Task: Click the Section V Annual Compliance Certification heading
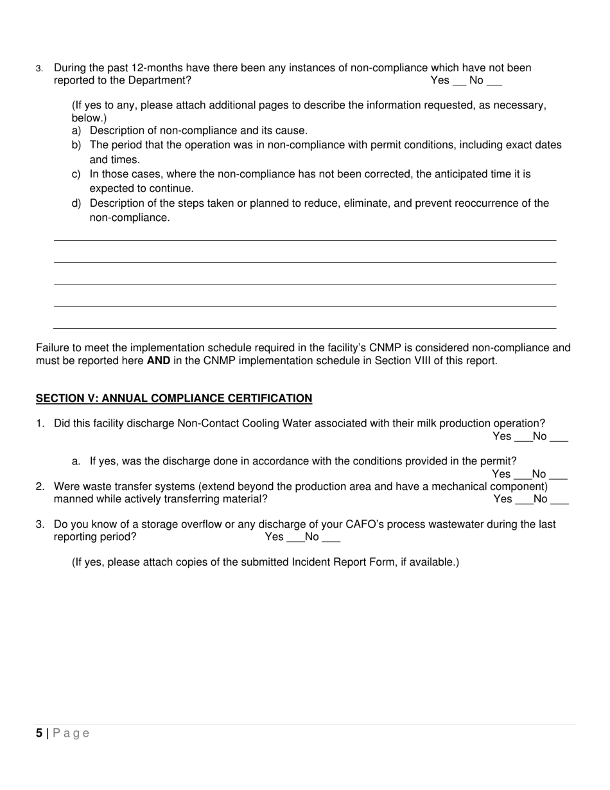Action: pyautogui.click(x=174, y=398)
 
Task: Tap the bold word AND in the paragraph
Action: pyautogui.click(x=159, y=361)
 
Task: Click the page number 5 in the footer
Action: pyautogui.click(x=39, y=733)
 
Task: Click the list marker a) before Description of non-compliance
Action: pyautogui.click(x=76, y=130)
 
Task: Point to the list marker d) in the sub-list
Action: pyautogui.click(x=76, y=204)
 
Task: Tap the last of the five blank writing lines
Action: pyautogui.click(x=305, y=328)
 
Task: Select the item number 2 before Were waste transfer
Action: pyautogui.click(x=40, y=487)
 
